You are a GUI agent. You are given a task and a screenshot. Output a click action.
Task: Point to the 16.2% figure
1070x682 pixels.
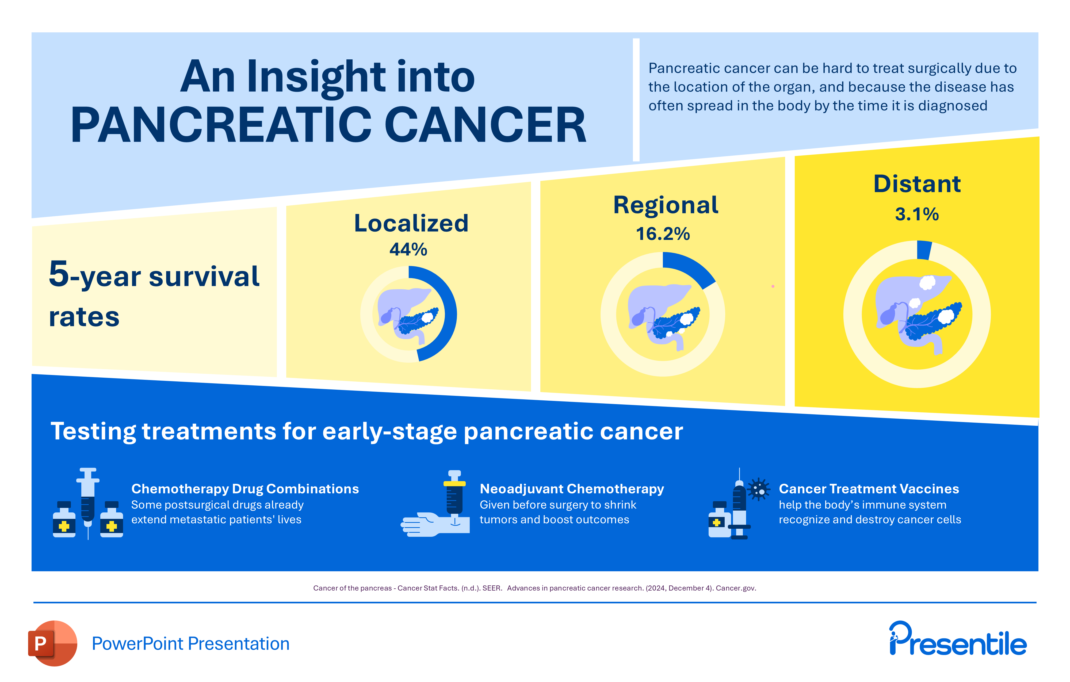point(663,234)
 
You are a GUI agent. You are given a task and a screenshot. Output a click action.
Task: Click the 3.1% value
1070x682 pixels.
point(917,214)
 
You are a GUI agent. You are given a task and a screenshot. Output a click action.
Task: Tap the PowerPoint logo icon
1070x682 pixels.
point(52,643)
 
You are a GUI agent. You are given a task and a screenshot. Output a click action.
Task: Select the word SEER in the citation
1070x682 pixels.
point(492,588)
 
